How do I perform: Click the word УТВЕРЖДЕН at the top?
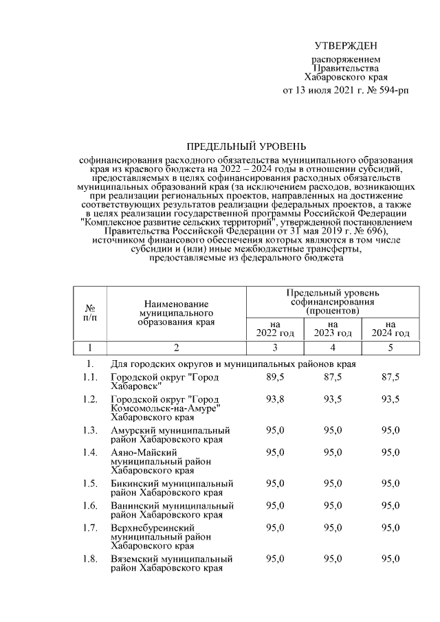346,46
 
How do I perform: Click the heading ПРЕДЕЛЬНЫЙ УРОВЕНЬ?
247,146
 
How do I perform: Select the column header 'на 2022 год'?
275,329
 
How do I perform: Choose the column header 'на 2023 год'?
333,329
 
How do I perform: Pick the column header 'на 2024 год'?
390,329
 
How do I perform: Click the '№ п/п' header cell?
90,313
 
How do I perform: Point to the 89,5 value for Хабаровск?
275,377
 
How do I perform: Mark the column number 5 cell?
390,347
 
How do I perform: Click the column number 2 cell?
177,347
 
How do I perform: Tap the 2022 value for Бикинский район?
275,483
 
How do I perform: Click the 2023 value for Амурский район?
333,430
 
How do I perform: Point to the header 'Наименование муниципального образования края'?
177,313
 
